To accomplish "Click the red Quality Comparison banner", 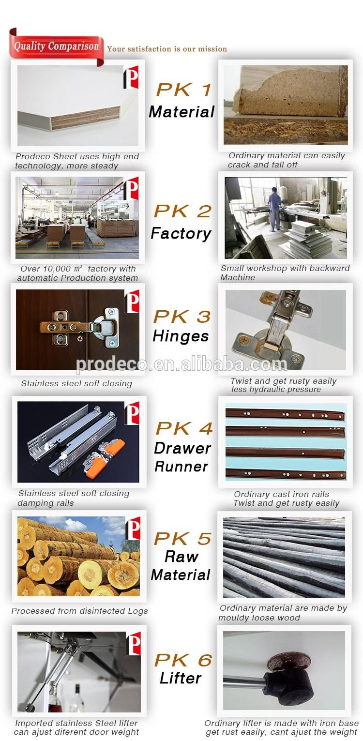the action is click(56, 47).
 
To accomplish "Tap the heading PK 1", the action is click(183, 90).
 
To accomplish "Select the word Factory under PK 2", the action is click(181, 234).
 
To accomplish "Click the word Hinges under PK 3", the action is click(181, 336).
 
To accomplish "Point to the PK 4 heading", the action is click(184, 428).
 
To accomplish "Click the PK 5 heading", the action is click(182, 539).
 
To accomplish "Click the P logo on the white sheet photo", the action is click(131, 77).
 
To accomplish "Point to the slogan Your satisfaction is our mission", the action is click(167, 49).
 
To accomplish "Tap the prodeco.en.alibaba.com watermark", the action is click(181, 364).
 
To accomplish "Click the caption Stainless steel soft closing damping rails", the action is click(74, 498).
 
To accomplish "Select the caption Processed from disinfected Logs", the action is click(79, 611).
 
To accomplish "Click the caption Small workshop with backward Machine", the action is click(285, 273).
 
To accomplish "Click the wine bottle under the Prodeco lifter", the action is click(77, 699).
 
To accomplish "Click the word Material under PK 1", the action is click(181, 112).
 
